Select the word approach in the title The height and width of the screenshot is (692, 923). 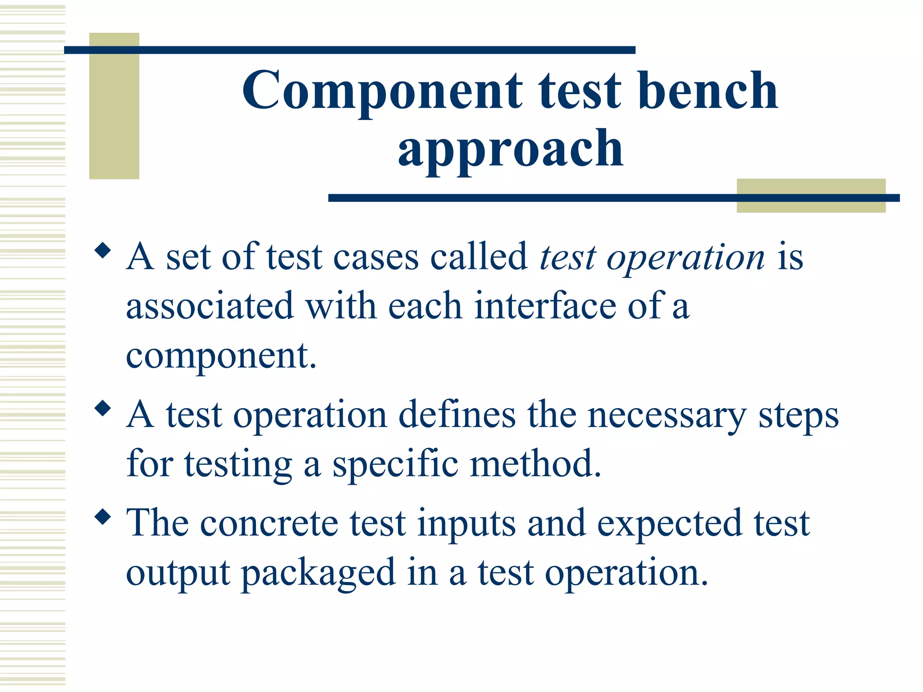point(510,149)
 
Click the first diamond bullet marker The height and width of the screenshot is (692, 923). point(103,250)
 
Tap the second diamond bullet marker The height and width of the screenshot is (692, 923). point(103,409)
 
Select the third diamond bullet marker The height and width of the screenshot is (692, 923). point(103,517)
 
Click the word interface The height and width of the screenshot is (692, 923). point(545,306)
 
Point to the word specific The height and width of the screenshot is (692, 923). point(395,465)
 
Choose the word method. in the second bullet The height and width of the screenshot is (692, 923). point(535,464)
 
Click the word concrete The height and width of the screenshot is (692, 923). point(269,524)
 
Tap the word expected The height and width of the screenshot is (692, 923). point(669,524)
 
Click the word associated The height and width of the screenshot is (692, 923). point(210,306)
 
